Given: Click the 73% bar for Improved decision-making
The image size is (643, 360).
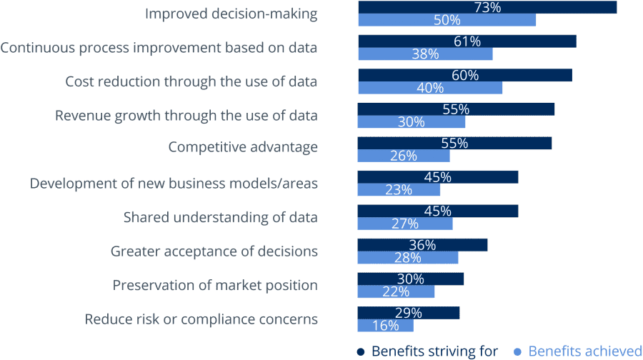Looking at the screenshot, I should (487, 7).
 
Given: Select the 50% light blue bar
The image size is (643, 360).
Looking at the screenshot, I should (447, 20).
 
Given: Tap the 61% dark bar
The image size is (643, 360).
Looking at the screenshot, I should (467, 41).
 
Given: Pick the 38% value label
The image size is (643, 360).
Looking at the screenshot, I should (425, 54).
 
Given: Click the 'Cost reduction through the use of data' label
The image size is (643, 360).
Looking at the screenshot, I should (191, 81).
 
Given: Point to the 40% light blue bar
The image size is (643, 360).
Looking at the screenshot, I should (430, 88).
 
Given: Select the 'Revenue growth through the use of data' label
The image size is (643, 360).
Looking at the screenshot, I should (186, 116).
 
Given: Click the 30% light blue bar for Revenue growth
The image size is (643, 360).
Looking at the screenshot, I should (412, 122).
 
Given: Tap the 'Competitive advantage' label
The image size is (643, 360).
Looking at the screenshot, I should (243, 147).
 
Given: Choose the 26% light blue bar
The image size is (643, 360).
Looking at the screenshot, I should (404, 156).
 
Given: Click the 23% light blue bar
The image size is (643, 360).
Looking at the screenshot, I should (399, 190).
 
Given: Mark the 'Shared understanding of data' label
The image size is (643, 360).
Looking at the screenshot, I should (221, 216).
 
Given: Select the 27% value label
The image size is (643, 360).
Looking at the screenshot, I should (404, 224).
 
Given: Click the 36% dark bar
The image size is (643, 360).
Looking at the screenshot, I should (422, 245).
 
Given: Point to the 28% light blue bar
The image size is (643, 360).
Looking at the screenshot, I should (408, 258).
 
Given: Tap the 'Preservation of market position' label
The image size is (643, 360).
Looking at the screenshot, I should (215, 285).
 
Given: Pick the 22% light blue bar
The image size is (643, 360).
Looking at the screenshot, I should (396, 291).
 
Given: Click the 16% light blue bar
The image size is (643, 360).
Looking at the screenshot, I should (385, 326).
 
